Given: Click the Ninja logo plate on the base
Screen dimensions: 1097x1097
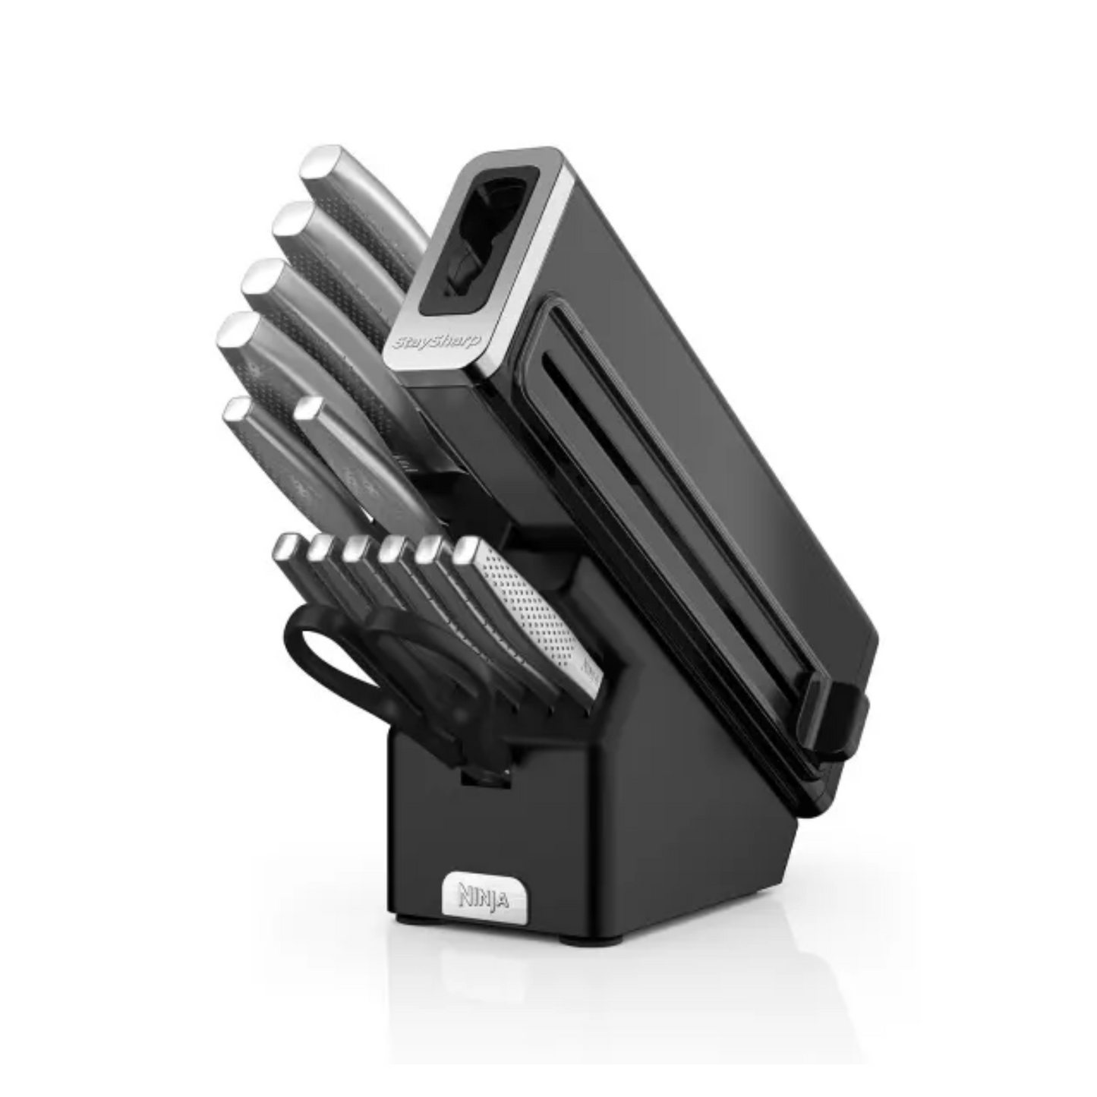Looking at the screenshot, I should [483, 899].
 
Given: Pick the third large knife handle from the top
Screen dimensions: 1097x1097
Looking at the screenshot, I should [304, 304].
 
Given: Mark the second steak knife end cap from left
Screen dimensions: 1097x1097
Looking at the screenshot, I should [321, 547].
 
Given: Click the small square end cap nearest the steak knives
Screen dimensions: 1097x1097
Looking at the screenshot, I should [307, 409].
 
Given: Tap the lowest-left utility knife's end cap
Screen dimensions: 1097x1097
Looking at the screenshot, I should [237, 411].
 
